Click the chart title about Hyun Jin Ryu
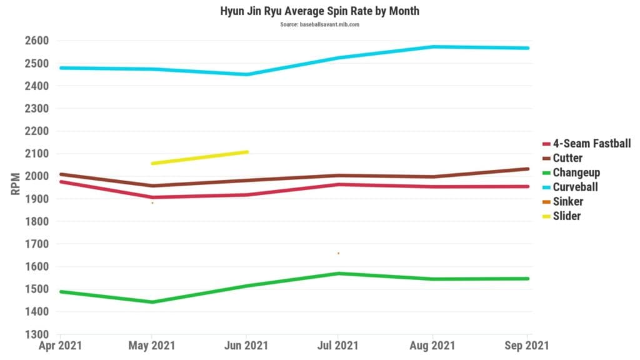pos(319,11)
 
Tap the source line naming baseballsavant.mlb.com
pos(319,24)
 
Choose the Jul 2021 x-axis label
pos(338,345)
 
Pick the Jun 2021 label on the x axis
pos(246,345)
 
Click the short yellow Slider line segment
pos(200,157)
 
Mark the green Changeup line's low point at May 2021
pos(152,302)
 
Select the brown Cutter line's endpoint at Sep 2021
pos(527,169)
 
